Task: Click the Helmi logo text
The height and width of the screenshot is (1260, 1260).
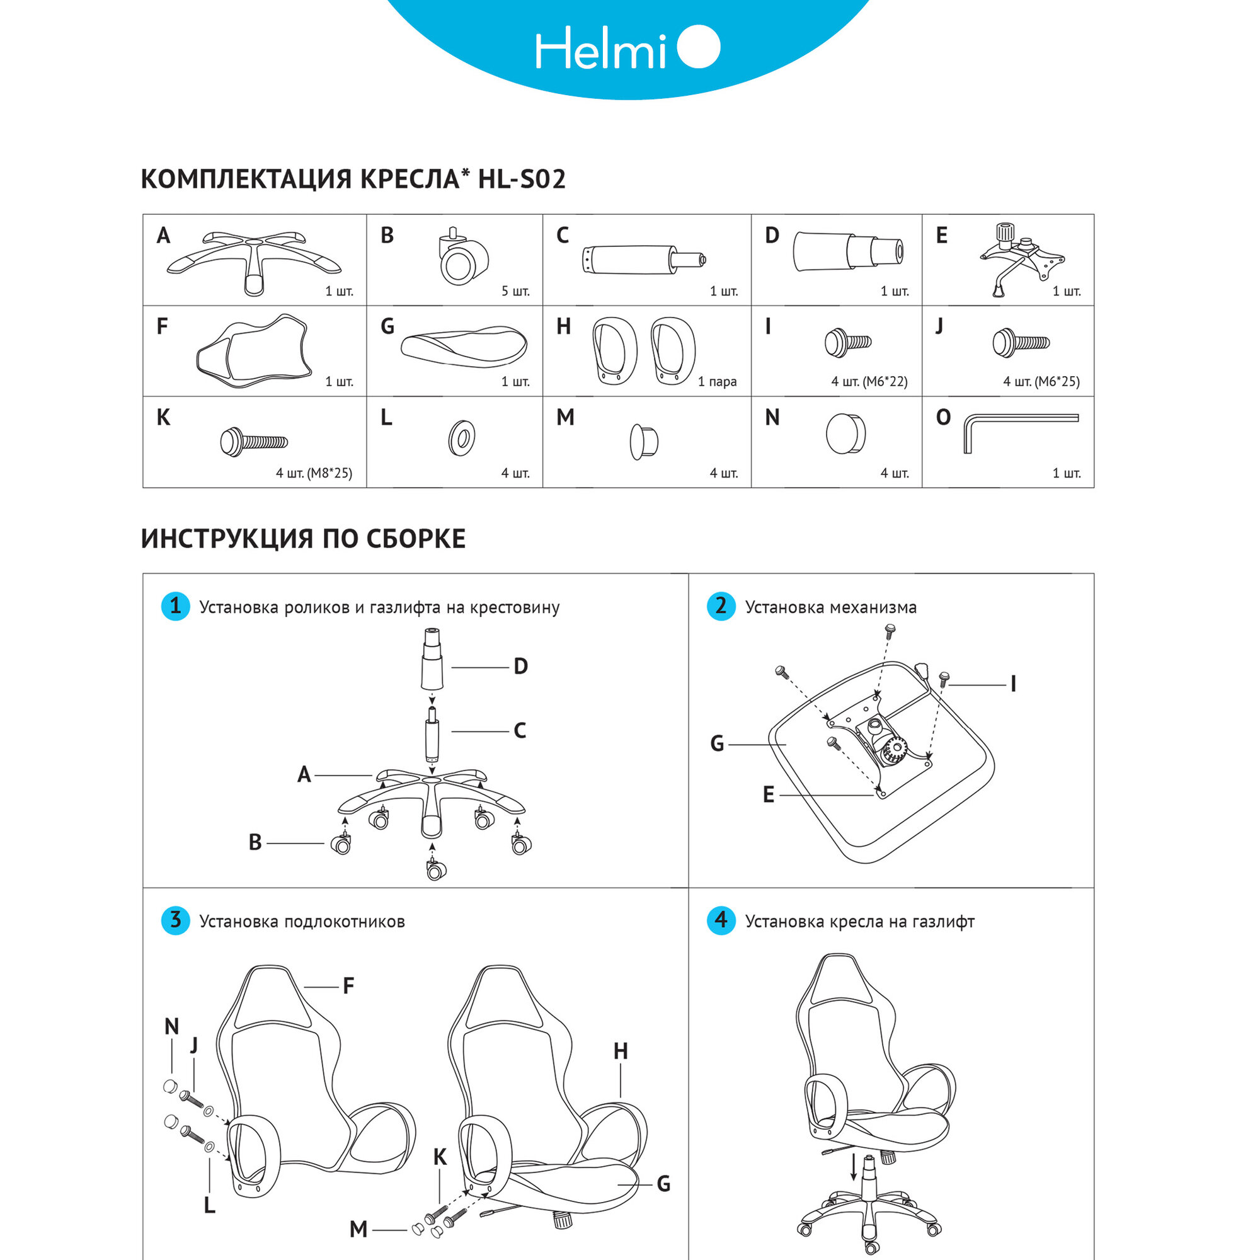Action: [600, 49]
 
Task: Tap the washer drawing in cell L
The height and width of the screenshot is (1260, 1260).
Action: [461, 437]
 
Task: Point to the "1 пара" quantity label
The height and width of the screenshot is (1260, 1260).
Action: [717, 382]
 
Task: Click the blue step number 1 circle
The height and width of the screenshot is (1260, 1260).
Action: [175, 606]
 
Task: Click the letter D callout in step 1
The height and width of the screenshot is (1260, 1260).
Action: [520, 667]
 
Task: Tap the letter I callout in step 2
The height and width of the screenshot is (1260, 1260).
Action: [1013, 684]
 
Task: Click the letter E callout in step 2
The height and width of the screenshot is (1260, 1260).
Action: [768, 795]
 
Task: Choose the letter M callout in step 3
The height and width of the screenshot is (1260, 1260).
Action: [358, 1229]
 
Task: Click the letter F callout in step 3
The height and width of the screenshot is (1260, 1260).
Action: [348, 985]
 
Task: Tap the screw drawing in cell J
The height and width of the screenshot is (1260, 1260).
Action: [1020, 342]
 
